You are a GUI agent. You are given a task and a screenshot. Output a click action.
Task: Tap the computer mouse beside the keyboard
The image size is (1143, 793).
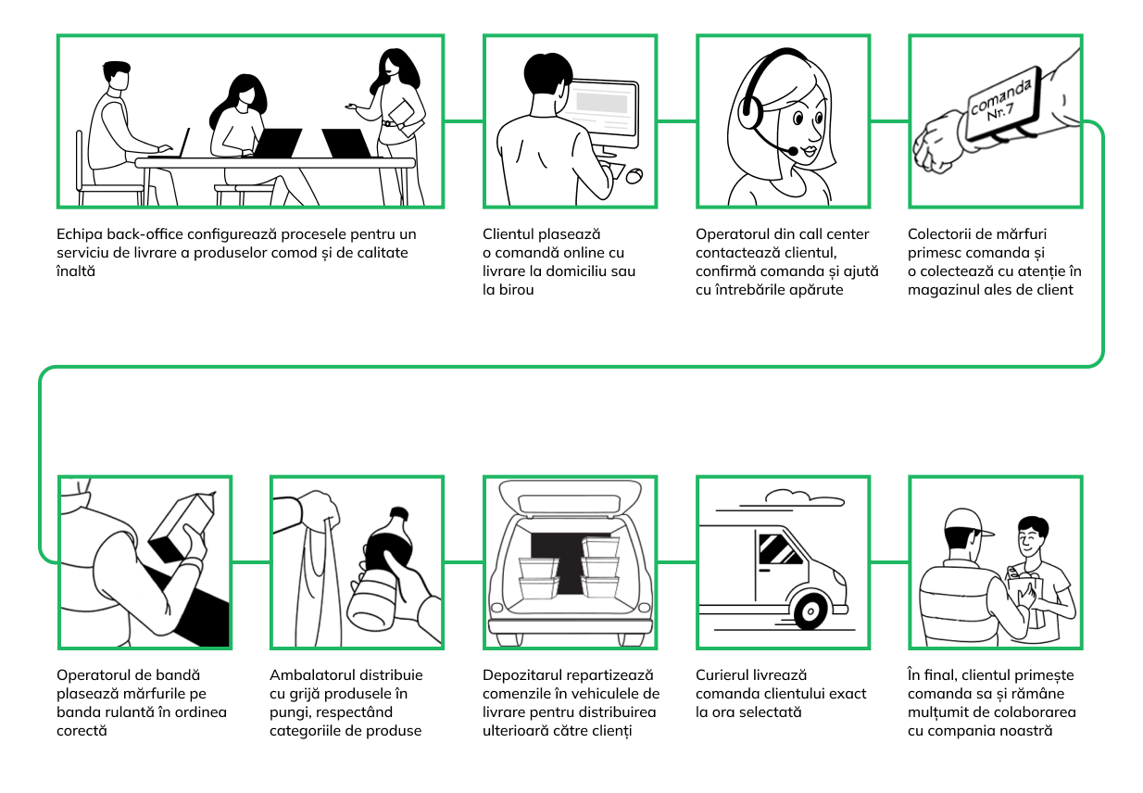point(634,176)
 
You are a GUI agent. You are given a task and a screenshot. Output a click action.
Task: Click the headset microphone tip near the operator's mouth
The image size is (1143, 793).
point(793,151)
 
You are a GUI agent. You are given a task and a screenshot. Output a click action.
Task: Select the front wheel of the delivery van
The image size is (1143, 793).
point(810,611)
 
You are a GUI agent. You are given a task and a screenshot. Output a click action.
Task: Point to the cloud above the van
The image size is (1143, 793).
point(804,498)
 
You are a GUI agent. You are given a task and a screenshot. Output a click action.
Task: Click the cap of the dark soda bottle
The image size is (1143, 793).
point(398,513)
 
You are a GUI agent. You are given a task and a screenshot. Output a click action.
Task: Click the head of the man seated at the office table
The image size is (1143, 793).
point(118,76)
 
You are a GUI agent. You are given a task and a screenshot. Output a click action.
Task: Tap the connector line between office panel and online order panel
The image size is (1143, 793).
point(463,121)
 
